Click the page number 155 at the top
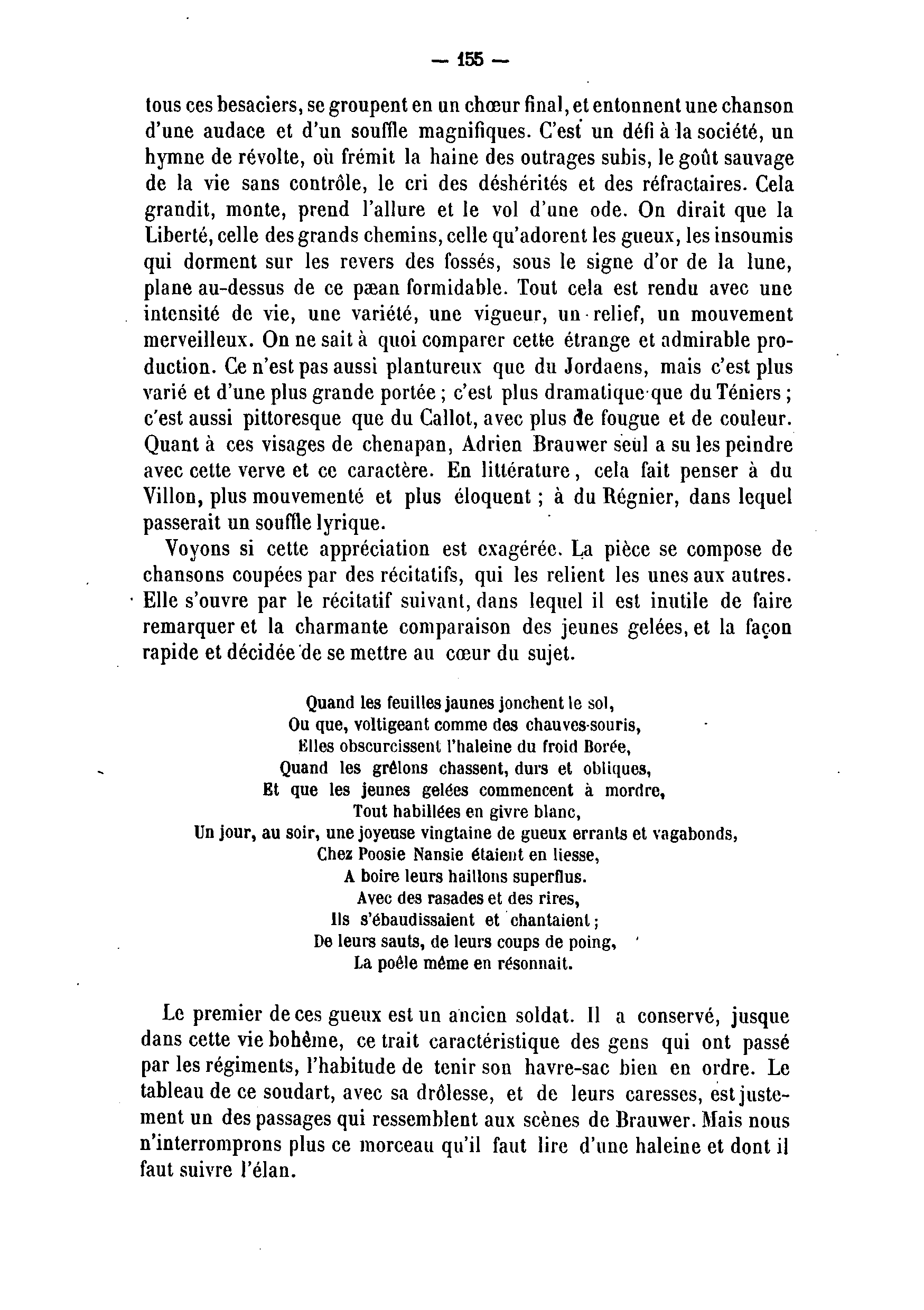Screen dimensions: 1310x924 click(x=470, y=59)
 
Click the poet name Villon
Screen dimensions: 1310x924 click(x=171, y=497)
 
